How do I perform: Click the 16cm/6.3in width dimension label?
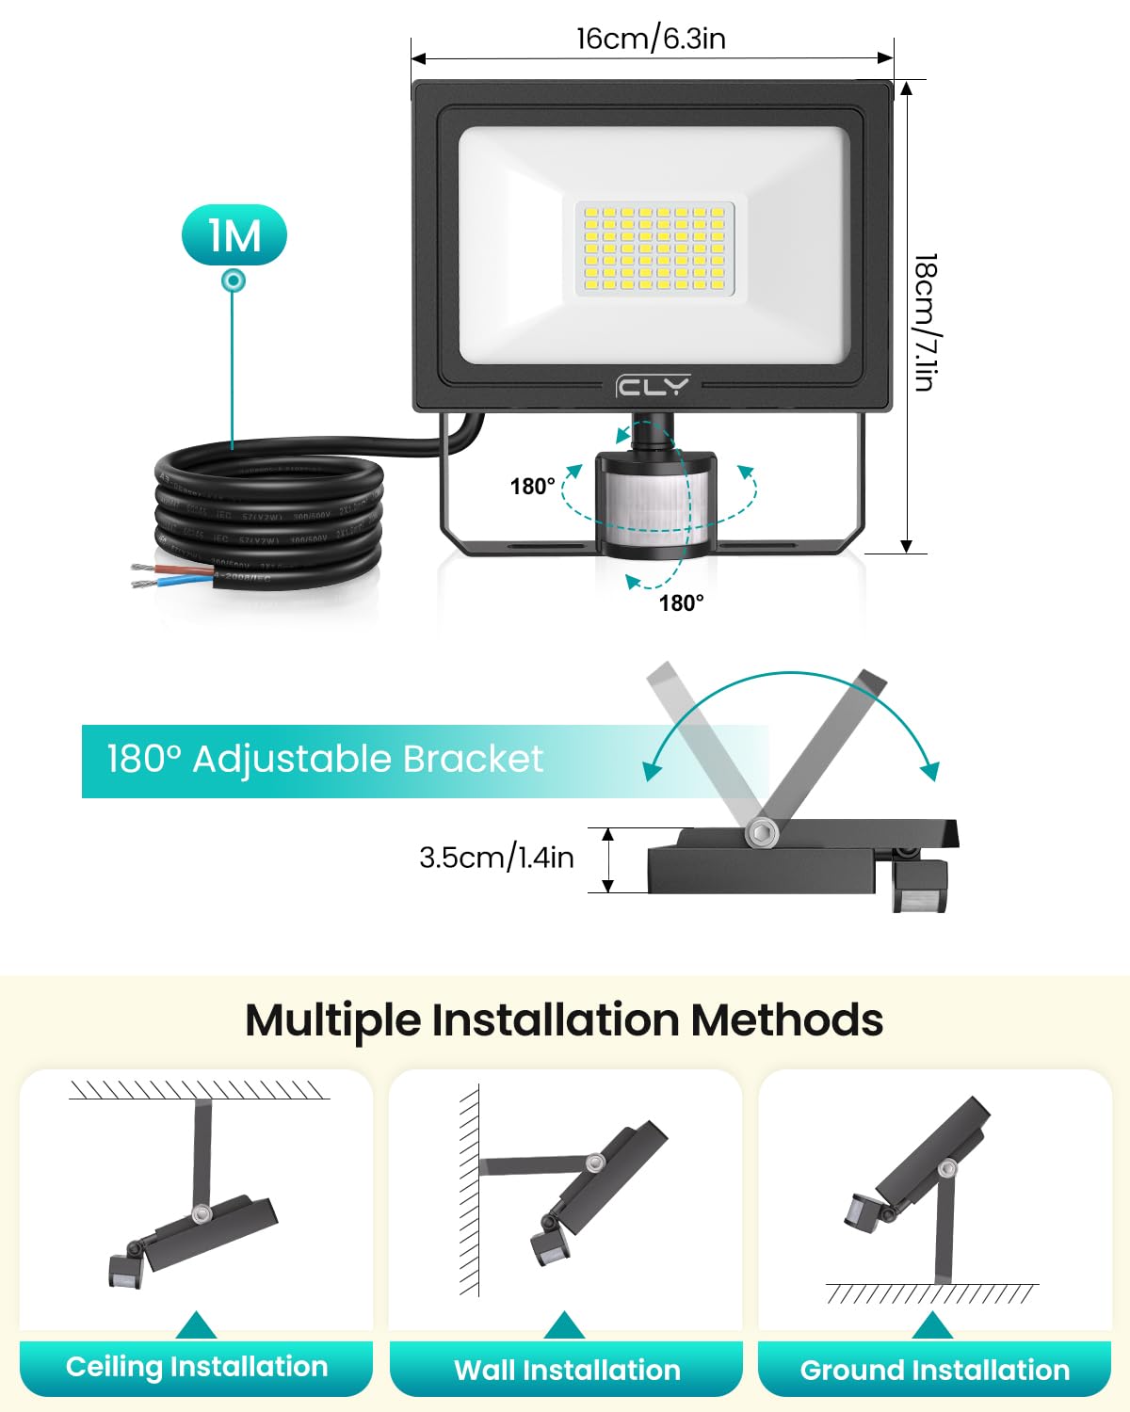tap(651, 39)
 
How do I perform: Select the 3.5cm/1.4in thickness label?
tap(496, 858)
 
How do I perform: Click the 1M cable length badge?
tap(234, 235)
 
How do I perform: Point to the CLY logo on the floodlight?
tap(653, 386)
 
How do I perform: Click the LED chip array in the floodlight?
tap(654, 249)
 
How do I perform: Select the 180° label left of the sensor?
tap(532, 487)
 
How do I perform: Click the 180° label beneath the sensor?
tap(681, 603)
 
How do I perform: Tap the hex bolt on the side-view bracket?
tap(760, 833)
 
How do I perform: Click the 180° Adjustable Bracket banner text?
tap(325, 760)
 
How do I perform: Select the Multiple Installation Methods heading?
tap(564, 1020)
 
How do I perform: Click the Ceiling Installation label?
tap(197, 1367)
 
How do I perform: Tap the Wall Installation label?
tap(567, 1370)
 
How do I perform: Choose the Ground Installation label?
tap(935, 1370)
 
